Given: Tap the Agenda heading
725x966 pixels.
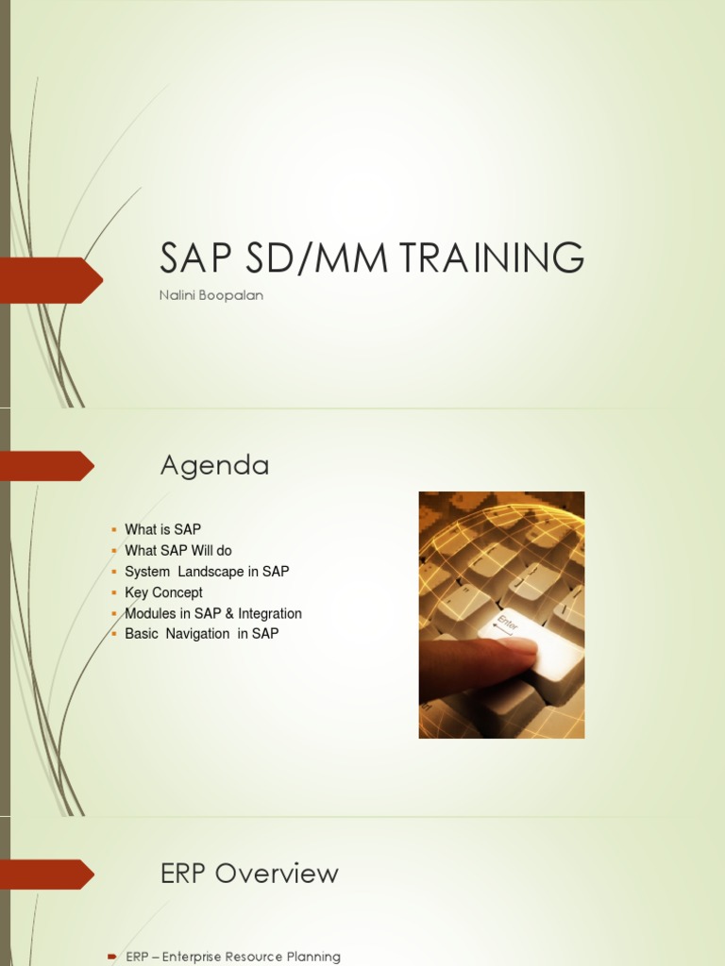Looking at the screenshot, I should point(214,465).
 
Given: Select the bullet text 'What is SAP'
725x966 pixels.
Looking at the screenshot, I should point(163,530).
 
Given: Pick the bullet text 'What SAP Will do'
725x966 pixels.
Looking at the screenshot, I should point(178,551).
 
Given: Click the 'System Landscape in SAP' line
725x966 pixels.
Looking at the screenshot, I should point(207,572).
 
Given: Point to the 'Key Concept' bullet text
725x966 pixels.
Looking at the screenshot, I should point(163,592).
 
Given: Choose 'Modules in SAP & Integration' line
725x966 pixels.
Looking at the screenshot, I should point(213,613).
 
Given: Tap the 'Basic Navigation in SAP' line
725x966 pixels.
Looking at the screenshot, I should point(202,634).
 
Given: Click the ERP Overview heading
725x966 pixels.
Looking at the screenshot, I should point(249,874).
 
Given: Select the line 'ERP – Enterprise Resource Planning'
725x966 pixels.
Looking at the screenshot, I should point(233,957).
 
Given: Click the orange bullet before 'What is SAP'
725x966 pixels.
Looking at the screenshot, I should point(113,530).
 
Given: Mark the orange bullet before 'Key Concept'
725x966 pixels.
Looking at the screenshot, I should point(113,592).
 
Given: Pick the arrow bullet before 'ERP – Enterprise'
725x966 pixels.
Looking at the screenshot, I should point(112,957).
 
